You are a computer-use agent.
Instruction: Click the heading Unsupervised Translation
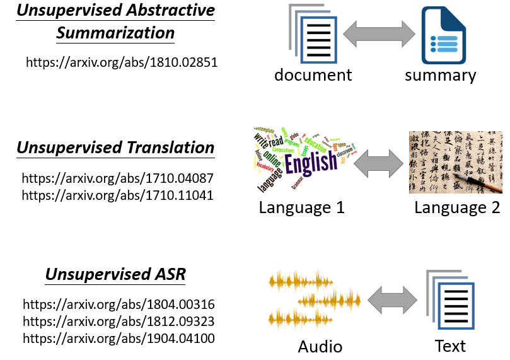[115, 148]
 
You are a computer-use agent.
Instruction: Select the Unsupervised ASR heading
[115, 276]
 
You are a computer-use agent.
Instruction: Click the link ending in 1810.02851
[122, 62]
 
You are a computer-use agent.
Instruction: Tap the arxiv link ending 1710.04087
[118, 178]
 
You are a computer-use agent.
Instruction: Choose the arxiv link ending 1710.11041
[118, 195]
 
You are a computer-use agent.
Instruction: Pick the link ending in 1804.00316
[119, 305]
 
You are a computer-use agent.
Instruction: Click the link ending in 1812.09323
[119, 322]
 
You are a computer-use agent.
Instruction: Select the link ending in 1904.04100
[119, 339]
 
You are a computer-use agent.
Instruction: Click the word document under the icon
[313, 75]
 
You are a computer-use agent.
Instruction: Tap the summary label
[440, 75]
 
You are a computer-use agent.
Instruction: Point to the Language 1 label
[301, 207]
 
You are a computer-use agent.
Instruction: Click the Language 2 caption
[457, 207]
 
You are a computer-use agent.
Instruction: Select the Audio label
[320, 346]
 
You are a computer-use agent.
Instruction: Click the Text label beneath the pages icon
[450, 346]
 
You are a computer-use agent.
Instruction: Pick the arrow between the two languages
[379, 166]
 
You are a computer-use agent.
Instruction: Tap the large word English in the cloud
[311, 163]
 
